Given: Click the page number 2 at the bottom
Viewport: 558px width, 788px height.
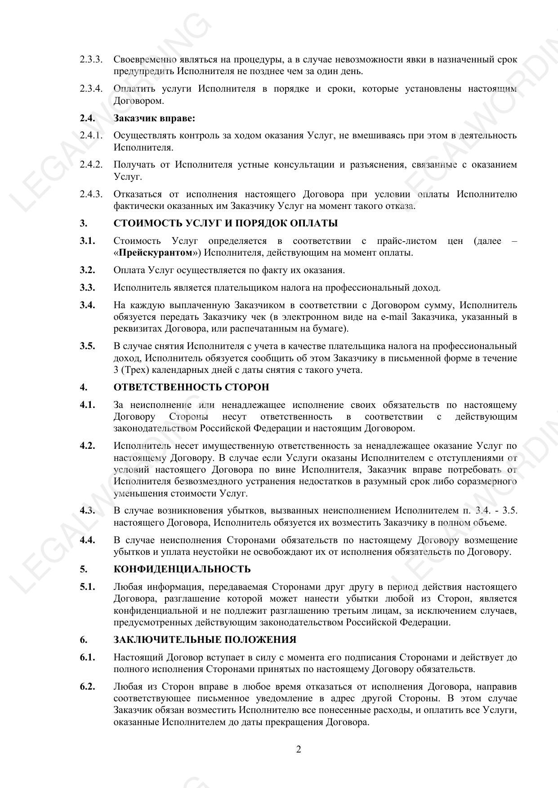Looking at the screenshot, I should tap(299, 749).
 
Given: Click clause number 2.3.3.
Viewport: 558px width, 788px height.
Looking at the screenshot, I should tap(91, 59).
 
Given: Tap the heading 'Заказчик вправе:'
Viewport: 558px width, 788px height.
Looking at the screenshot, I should tap(154, 118).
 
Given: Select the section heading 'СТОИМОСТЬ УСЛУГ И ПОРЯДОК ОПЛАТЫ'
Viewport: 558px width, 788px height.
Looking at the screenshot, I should tap(225, 223).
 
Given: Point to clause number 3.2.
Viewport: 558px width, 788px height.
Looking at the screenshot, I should tap(87, 270).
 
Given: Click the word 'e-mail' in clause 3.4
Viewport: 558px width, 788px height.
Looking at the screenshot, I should tap(393, 317).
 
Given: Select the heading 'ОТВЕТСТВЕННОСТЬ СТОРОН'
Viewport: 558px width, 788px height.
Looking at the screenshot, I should tap(191, 387).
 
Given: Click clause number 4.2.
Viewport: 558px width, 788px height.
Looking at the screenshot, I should tap(87, 446).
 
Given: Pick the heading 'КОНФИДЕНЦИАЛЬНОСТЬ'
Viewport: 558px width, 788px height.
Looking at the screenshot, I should tap(182, 569).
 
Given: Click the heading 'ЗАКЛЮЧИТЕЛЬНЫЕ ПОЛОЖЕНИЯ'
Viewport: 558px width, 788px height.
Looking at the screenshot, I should tap(205, 640).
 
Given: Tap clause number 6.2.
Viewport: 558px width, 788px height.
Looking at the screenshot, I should tap(87, 686).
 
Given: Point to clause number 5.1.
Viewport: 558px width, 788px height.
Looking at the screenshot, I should tap(87, 587).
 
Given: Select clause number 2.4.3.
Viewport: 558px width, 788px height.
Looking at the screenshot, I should tap(91, 194).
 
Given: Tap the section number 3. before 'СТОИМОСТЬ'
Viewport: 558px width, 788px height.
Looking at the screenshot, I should tap(84, 223).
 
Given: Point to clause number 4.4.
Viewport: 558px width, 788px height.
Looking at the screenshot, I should tap(87, 540).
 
